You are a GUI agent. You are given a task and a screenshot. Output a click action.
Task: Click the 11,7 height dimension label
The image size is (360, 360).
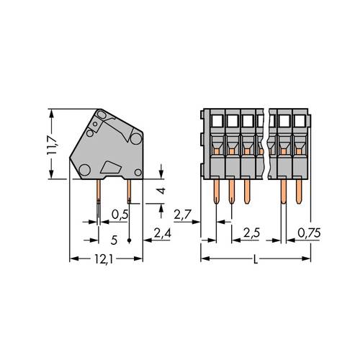pos(53,143)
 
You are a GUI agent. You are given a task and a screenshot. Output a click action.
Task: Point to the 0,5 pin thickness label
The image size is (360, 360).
pos(121,214)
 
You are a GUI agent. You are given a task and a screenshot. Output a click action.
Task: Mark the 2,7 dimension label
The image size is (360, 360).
pos(184,214)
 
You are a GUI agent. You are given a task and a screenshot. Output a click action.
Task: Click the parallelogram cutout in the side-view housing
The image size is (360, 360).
pos(112,167)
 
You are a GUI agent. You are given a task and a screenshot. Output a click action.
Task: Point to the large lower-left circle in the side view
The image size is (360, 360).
pos(84,169)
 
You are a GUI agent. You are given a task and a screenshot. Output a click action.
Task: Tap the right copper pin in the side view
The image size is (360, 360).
pos(129,191)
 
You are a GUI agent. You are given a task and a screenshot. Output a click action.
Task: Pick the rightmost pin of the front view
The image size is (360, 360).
pos(299,191)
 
